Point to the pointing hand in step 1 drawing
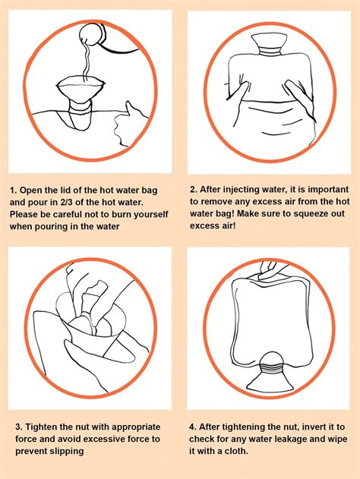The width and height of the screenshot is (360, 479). (x=130, y=119)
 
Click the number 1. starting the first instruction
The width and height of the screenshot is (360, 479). (x=13, y=191)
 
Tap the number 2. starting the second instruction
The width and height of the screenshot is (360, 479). (x=193, y=190)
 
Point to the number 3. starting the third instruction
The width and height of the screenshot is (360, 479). (x=13, y=427)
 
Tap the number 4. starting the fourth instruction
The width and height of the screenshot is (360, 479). (x=193, y=427)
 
